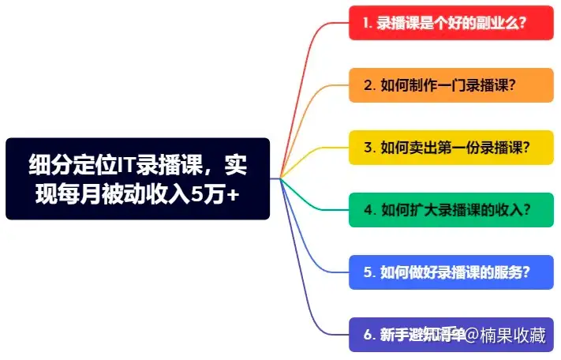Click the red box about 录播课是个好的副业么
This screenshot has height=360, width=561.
tap(449, 23)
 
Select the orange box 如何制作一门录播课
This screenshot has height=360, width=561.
tap(449, 85)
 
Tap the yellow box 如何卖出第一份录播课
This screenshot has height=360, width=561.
tap(449, 148)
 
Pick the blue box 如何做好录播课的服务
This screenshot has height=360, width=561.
tap(449, 272)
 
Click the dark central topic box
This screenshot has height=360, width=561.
tap(137, 179)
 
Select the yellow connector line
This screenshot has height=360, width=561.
tap(316, 154)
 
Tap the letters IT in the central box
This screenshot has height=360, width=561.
tap(125, 165)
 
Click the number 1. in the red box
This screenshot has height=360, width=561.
tap(368, 23)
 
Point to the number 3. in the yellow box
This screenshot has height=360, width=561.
tap(368, 148)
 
